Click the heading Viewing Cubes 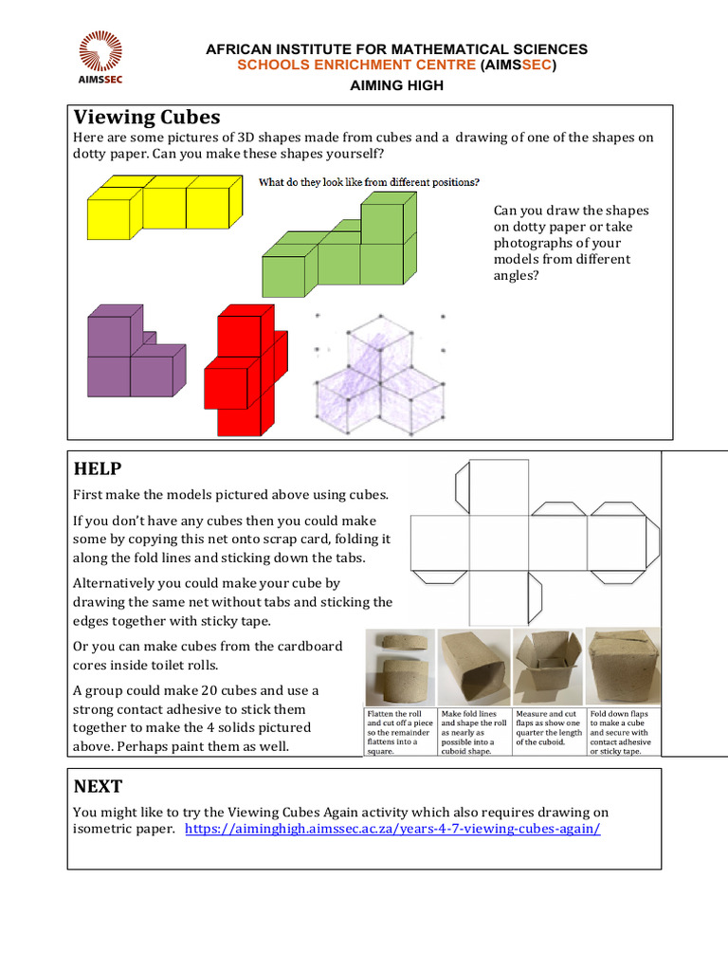point(147,117)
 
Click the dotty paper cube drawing point(379,375)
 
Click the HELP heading point(98,469)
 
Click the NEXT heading point(98,787)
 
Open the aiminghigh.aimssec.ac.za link point(392,829)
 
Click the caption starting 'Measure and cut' point(548,727)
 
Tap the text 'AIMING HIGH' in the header point(397,85)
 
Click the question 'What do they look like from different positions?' point(369,182)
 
